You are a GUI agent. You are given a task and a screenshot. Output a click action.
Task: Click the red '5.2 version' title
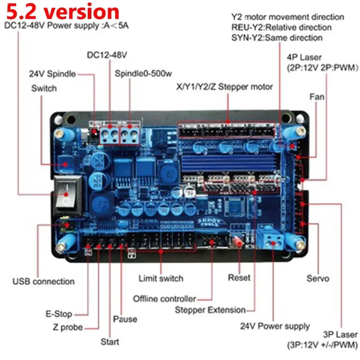(x=62, y=12)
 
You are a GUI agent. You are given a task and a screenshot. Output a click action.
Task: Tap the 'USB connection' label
(x=43, y=281)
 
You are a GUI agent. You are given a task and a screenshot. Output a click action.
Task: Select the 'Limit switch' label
(x=161, y=278)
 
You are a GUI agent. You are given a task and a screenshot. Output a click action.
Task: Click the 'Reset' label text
(x=239, y=278)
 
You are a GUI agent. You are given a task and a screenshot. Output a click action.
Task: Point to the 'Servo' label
(x=318, y=278)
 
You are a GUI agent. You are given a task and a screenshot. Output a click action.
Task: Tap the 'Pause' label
(x=125, y=319)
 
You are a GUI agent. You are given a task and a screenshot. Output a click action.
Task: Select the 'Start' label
(x=110, y=342)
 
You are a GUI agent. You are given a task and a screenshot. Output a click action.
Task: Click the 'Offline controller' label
(x=165, y=298)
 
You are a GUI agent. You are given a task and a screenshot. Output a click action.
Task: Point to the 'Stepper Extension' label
(x=210, y=310)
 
